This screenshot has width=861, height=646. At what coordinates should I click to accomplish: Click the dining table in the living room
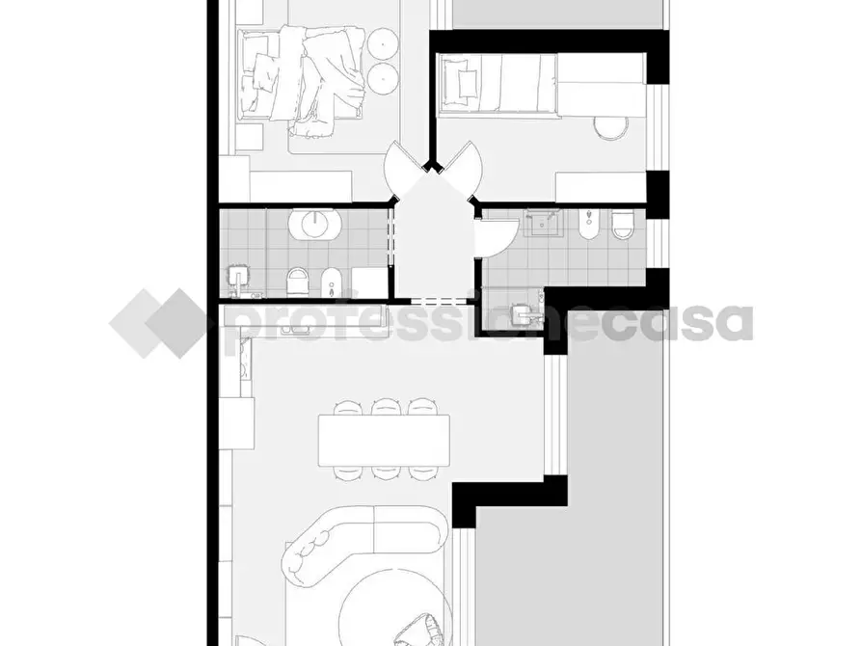click(x=385, y=439)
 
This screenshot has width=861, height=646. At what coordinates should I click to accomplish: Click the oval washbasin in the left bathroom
click(x=315, y=224)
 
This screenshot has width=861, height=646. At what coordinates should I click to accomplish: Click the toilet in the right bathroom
click(x=623, y=225)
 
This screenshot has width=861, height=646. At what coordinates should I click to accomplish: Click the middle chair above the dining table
click(x=385, y=408)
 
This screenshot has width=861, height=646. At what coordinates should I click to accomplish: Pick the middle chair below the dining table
click(x=385, y=471)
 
